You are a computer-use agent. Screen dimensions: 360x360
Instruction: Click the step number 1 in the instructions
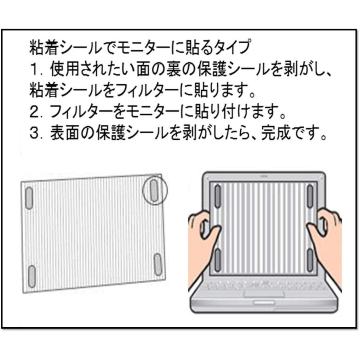click(34, 70)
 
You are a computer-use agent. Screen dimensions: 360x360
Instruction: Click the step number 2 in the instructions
click(34, 112)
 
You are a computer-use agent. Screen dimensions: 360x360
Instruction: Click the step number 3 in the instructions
click(34, 134)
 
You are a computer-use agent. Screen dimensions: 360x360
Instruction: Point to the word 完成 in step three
click(276, 133)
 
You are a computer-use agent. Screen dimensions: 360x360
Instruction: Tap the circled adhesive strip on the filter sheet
click(154, 190)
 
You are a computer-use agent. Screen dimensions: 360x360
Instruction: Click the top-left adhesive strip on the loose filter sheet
click(29, 198)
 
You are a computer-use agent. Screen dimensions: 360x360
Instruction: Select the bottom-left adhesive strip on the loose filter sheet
click(32, 276)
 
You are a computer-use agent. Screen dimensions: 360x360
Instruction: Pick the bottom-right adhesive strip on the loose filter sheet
click(158, 264)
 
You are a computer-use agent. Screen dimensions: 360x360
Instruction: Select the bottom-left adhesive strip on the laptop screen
click(218, 260)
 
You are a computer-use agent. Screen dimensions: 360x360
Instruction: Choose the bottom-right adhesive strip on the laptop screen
click(310, 259)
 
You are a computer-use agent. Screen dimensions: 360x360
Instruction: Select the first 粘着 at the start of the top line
click(44, 48)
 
